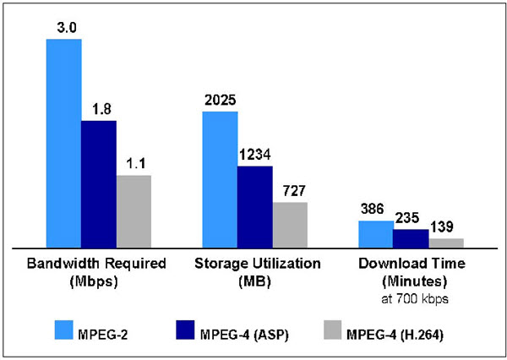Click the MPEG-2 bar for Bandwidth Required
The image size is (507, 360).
pos(64,143)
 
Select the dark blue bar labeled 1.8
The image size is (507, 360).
pos(99,183)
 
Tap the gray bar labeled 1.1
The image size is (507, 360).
pos(134,211)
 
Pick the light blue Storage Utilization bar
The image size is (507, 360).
pos(220,179)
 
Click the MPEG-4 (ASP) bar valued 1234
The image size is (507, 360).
pos(254,206)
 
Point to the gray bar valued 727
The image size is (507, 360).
pos(290,225)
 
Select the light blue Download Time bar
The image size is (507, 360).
pos(375,234)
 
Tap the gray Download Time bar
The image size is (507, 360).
pos(445,243)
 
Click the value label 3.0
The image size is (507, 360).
pos(64,29)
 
